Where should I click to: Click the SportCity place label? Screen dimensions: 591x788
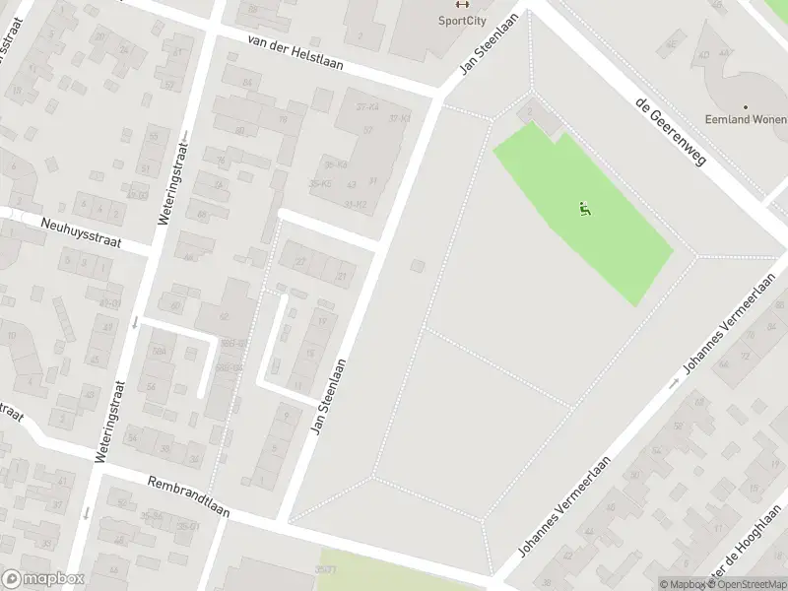point(460,20)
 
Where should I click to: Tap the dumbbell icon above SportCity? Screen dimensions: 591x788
point(460,3)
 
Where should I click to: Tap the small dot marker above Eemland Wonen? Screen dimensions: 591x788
point(746,107)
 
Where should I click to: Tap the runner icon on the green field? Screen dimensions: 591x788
point(585,208)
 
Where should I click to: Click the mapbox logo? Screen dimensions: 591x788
point(43,579)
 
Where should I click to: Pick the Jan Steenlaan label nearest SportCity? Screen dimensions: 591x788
point(489,43)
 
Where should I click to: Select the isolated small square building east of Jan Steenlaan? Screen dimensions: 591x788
point(418,266)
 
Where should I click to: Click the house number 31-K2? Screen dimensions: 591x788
point(356,204)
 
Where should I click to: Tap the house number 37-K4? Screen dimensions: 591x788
point(367,106)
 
